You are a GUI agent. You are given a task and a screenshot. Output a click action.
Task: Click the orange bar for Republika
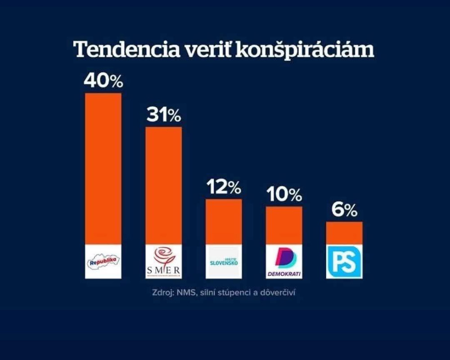click(103, 169)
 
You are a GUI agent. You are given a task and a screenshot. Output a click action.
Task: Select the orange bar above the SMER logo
click(163, 185)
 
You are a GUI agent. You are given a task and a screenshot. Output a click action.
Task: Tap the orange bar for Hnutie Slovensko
click(224, 221)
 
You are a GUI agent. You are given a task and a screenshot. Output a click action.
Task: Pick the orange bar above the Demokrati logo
click(284, 225)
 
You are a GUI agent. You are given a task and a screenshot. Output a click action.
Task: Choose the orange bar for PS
click(344, 233)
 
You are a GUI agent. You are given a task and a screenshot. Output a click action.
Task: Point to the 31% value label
click(163, 116)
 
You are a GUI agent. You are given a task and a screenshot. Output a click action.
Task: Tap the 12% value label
click(224, 188)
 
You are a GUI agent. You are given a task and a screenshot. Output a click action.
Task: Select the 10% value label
click(284, 195)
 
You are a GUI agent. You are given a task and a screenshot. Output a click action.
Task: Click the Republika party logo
click(103, 261)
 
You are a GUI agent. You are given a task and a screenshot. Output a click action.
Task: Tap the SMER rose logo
click(163, 261)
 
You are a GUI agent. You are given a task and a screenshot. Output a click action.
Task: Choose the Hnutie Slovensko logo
click(224, 261)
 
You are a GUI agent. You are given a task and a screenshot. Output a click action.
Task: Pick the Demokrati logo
click(284, 261)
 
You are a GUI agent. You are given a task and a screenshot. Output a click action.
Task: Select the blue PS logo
click(344, 261)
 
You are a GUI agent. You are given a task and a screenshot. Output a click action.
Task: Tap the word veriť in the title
click(205, 49)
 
